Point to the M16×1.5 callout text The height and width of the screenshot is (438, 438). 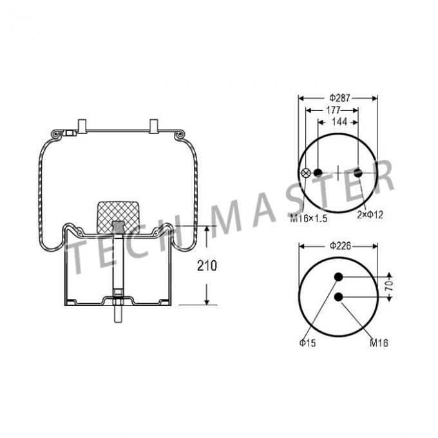tap(308, 218)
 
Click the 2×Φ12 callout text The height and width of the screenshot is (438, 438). tap(370, 214)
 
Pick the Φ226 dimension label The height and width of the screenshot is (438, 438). tap(338, 245)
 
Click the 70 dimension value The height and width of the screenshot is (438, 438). tap(389, 286)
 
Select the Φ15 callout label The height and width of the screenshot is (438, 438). tap(307, 343)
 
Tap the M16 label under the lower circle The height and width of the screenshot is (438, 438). tap(379, 343)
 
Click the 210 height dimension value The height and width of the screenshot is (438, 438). tap(207, 265)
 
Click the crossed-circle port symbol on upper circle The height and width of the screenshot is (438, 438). tap(307, 173)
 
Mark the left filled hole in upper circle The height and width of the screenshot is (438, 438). tap(318, 173)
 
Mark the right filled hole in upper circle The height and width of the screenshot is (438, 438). tap(358, 173)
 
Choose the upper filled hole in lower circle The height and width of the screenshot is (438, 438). tap(338, 278)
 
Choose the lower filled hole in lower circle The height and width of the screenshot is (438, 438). tap(338, 296)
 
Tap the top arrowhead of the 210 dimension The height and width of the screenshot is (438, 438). tap(206, 229)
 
